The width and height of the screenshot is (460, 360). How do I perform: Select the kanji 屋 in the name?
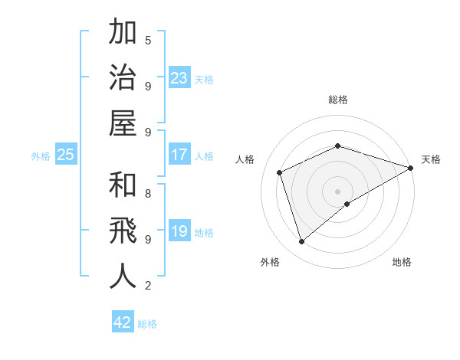pyautogui.click(x=123, y=123)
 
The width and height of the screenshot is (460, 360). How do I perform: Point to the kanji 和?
pyautogui.click(x=123, y=185)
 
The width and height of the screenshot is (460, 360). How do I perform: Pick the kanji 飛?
pyautogui.click(x=123, y=231)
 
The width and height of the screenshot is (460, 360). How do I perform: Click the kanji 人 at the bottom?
pyautogui.click(x=123, y=277)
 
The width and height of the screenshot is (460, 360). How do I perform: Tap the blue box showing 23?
pyautogui.click(x=179, y=77)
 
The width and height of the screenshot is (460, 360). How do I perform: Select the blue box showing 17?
pyautogui.click(x=179, y=155)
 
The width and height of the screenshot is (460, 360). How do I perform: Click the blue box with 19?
pyautogui.click(x=179, y=231)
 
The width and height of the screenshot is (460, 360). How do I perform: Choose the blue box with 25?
pyautogui.click(x=65, y=155)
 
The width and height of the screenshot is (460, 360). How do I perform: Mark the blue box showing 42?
pyautogui.click(x=123, y=322)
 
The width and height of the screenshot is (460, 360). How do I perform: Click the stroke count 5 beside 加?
pyautogui.click(x=148, y=40)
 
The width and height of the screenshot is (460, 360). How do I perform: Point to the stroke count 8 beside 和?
pyautogui.click(x=148, y=193)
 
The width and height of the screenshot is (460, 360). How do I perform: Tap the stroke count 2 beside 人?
pyautogui.click(x=148, y=286)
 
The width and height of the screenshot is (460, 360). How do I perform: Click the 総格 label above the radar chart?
pyautogui.click(x=338, y=100)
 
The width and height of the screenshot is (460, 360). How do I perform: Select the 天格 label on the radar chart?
pyautogui.click(x=431, y=159)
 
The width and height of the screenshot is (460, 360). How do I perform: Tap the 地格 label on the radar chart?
pyautogui.click(x=402, y=262)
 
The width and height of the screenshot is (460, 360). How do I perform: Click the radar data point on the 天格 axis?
pyautogui.click(x=411, y=167)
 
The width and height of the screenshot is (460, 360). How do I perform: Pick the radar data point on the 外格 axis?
pyautogui.click(x=301, y=242)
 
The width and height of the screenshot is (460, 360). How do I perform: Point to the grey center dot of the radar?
pyautogui.click(x=338, y=191)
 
